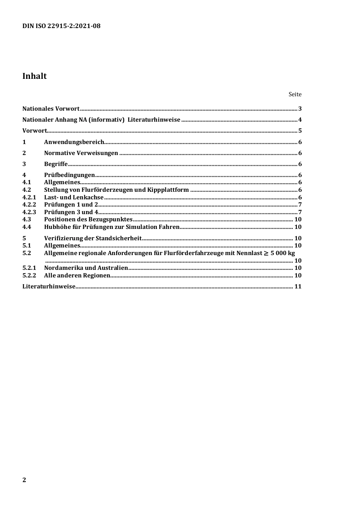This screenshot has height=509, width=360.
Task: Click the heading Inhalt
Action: tap(34, 76)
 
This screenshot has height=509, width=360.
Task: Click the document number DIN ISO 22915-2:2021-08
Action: tap(61, 26)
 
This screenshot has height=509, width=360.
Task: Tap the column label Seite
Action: tap(295, 94)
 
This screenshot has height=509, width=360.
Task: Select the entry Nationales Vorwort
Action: tap(51, 109)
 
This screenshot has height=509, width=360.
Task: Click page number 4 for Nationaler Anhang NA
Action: tap(300, 120)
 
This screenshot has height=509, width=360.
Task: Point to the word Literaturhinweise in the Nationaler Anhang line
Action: tap(154, 120)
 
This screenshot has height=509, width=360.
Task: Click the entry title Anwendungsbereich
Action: tap(74, 142)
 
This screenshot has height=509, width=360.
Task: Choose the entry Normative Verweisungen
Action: tap(81, 153)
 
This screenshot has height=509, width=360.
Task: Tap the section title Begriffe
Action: tap(56, 164)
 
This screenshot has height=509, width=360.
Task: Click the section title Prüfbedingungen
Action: tap(69, 175)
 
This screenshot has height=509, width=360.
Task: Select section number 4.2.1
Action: tap(29, 197)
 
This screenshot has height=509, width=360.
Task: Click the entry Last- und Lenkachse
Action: tap(74, 197)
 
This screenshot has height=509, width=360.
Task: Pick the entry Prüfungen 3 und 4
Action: tap(71, 212)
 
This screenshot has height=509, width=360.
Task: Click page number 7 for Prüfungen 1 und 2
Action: tap(300, 205)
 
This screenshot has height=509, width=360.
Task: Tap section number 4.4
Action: tap(27, 227)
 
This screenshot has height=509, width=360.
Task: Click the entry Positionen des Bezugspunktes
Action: tap(88, 219)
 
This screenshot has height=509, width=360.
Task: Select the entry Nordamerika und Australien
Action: tap(86, 268)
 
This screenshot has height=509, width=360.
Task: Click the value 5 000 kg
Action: tap(282, 253)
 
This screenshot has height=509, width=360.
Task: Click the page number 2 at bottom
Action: tap(24, 480)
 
